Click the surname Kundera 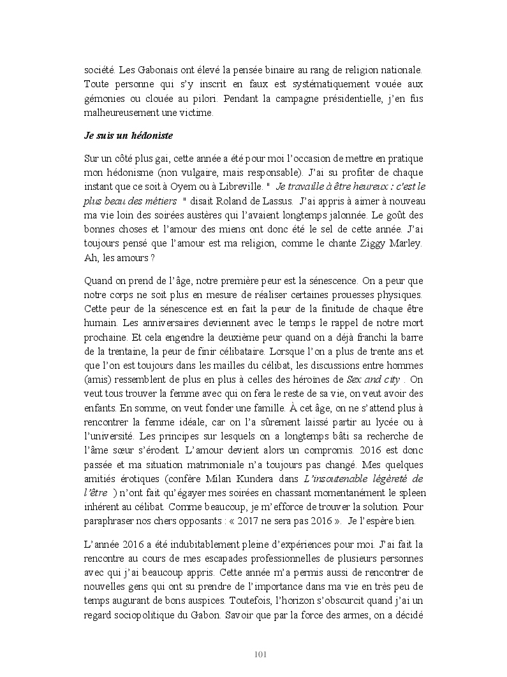pyautogui.click(x=254, y=478)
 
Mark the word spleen pyautogui.click(x=409, y=494)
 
